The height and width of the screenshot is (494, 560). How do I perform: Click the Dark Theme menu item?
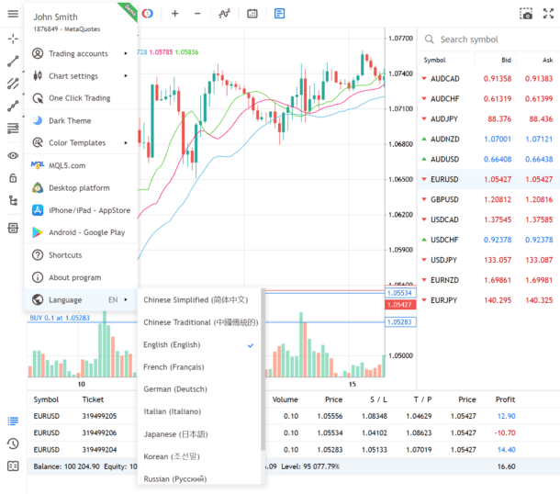(70, 120)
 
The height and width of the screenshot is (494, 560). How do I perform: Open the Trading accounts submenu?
(78, 53)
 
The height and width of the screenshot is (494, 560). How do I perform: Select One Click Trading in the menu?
(79, 98)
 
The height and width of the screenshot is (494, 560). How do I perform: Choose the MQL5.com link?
(67, 165)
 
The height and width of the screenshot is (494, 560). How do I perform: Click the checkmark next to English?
(250, 344)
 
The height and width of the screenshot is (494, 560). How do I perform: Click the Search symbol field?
(487, 39)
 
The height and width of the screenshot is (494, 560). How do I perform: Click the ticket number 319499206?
(99, 432)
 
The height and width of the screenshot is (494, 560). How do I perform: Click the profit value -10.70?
(504, 432)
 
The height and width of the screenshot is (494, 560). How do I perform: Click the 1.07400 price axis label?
(400, 73)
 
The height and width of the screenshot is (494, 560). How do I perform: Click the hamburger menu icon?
(13, 13)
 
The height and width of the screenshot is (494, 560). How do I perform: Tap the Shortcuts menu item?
(65, 254)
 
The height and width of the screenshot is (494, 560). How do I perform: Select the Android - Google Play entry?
(86, 232)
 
